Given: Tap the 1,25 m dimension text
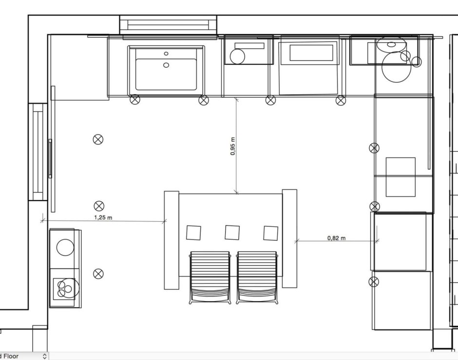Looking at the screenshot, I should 103,217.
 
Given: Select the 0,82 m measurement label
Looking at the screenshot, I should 336,238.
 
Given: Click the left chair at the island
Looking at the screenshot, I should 210,276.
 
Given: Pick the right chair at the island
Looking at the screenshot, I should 257,276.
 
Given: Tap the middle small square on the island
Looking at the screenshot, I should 232,232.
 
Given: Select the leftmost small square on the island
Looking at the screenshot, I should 193,232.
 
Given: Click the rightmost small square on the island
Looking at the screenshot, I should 270,233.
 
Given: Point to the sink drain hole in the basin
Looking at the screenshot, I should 166,64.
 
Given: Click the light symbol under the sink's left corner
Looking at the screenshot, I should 135,100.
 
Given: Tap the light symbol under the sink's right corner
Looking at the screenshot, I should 204,100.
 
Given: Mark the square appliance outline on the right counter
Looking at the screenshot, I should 401,177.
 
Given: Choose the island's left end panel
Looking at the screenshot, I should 172,240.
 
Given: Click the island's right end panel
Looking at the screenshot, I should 289,238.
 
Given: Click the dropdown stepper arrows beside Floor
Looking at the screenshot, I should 45,356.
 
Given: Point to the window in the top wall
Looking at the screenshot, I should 168,24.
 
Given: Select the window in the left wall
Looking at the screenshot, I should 38,152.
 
